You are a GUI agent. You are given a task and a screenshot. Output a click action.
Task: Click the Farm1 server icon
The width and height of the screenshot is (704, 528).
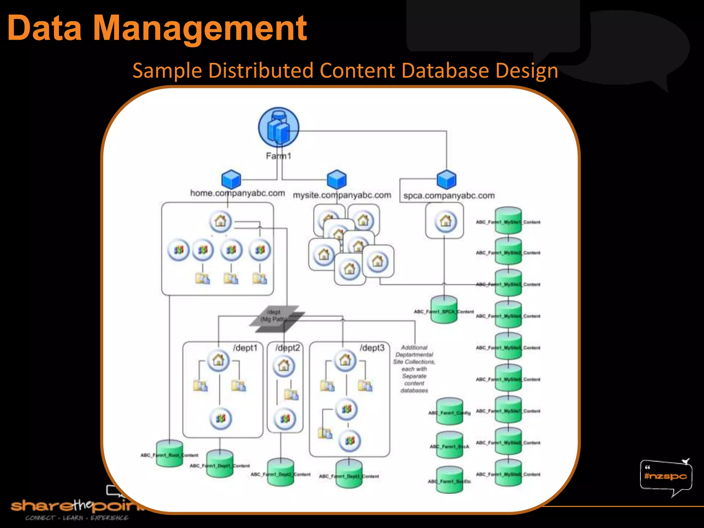pos(278,128)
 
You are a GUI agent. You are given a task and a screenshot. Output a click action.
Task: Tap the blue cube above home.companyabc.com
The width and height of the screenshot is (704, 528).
pos(231,179)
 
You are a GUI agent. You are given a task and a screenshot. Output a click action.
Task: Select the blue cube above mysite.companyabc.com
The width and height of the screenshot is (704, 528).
pos(337,179)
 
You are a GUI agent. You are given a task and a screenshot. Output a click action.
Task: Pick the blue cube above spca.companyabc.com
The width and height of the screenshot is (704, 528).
pos(446,179)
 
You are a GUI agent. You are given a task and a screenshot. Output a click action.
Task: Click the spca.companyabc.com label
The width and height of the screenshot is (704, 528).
pos(449,196)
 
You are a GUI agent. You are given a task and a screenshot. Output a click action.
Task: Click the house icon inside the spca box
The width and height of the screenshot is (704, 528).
pos(445,221)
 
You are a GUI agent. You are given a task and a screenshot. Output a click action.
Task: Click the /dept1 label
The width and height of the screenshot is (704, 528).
pos(245,348)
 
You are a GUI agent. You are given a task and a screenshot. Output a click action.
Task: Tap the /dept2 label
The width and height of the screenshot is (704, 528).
pos(287,348)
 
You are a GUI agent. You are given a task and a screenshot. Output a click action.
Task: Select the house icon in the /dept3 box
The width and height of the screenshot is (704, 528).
pos(345,360)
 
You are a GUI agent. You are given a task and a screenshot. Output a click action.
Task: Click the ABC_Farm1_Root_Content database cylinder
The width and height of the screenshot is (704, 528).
pos(169,454)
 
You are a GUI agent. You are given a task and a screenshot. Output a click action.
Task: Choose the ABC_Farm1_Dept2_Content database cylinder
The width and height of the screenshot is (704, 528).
pos(280,472)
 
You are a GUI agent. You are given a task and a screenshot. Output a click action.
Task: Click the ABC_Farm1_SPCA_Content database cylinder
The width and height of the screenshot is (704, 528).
pos(444,310)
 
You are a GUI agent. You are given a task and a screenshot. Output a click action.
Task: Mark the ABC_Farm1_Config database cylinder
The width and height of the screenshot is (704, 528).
pos(450,411)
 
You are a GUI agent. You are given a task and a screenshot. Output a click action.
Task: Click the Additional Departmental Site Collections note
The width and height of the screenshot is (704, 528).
pos(414,369)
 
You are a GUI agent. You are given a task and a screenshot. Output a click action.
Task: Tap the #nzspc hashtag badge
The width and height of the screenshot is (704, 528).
pos(665,476)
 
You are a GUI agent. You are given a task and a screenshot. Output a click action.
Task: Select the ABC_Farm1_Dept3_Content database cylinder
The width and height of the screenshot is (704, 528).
pos(349,474)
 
